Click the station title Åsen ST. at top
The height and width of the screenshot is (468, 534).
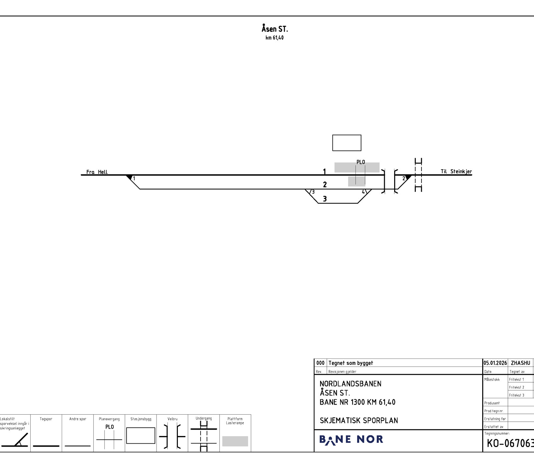(274, 28)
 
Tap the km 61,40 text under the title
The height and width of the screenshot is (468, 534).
(274, 38)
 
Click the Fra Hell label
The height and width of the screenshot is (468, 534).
(97, 172)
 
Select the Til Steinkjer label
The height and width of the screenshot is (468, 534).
(456, 172)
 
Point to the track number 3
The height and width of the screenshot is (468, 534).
(325, 199)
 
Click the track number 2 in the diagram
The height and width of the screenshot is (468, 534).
(325, 185)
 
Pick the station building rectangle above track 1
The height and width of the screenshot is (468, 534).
(347, 143)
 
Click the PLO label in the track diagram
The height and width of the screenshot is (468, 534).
(361, 162)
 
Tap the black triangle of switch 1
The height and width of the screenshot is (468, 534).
(129, 177)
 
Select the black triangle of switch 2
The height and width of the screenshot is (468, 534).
(408, 177)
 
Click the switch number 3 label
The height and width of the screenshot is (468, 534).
(313, 192)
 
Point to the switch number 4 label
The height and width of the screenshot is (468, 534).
(363, 192)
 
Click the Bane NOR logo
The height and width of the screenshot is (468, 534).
(351, 440)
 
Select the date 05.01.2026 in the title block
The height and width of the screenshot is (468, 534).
(495, 363)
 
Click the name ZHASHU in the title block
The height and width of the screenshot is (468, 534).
(520, 363)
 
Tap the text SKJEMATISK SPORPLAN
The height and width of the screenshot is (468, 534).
(359, 421)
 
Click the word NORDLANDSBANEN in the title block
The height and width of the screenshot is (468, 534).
(350, 384)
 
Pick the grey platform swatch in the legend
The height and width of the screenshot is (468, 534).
(235, 441)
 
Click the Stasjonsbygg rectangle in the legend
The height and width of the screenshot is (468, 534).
(141, 435)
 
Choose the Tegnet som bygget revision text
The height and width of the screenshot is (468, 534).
(351, 363)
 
